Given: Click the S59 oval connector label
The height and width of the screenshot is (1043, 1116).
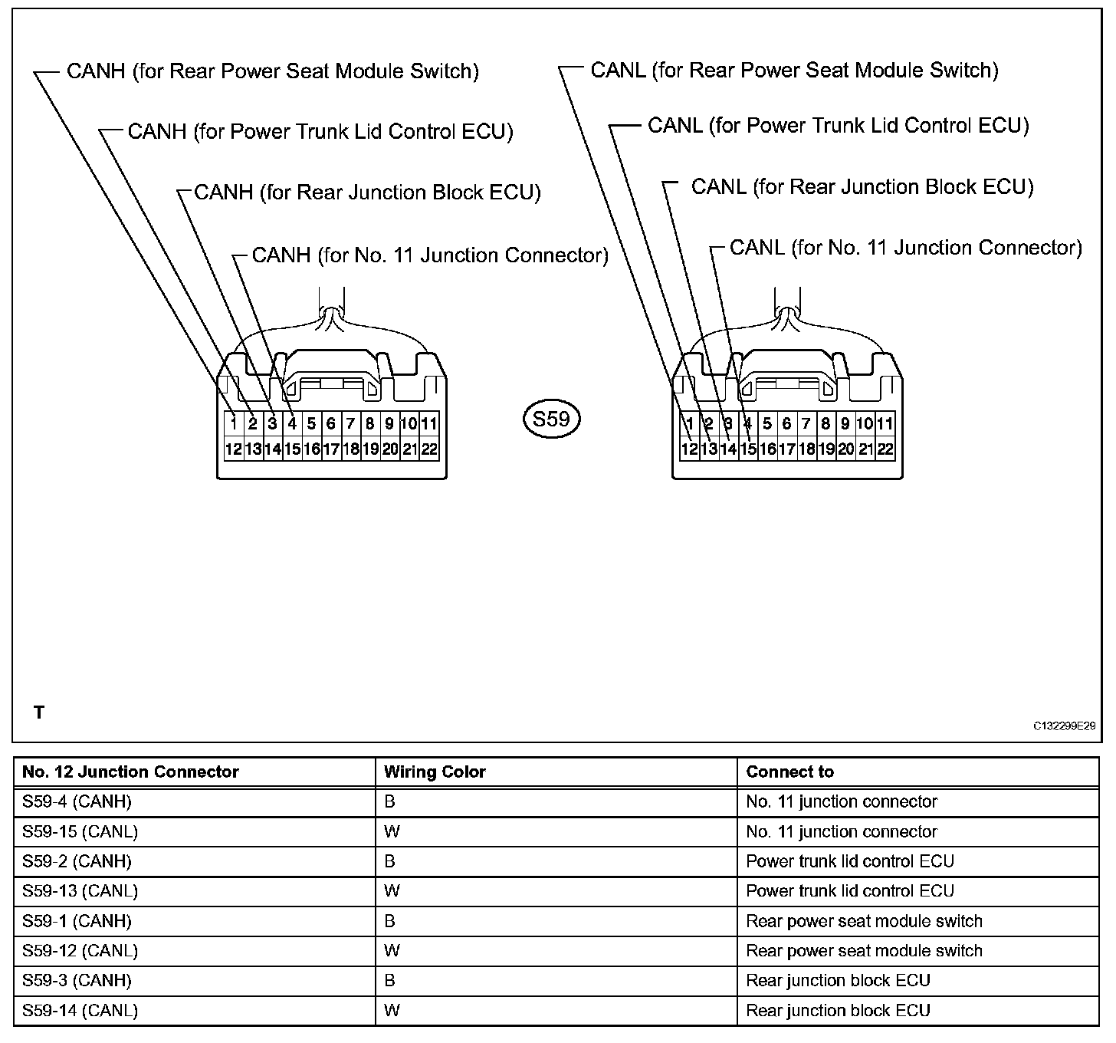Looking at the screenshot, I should tap(551, 419).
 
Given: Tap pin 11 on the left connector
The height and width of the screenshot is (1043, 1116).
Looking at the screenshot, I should tap(429, 423).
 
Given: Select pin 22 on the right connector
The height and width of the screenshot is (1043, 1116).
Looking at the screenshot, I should tap(885, 449).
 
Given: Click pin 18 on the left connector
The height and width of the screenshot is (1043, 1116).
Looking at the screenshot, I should tap(350, 449).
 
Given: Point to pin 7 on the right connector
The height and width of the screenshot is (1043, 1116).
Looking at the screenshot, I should tap(806, 423).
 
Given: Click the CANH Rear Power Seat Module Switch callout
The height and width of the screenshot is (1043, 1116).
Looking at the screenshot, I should tap(272, 71).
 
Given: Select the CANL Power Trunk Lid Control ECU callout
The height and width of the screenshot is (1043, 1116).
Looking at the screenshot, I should tap(838, 126).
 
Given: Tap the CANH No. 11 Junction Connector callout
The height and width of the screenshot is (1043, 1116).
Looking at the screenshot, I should tap(430, 255).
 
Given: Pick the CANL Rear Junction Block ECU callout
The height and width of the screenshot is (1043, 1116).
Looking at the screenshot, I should tap(862, 187).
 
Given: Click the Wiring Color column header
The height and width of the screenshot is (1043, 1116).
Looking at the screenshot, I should tap(435, 772).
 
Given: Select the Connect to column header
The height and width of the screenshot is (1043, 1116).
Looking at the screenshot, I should tap(789, 772).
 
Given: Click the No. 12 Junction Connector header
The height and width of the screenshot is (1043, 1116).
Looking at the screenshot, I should tap(130, 772).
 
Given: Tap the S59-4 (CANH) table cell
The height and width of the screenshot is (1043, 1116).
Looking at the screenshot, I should tap(77, 802).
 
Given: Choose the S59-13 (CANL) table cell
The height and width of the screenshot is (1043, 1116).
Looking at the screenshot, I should tap(80, 891).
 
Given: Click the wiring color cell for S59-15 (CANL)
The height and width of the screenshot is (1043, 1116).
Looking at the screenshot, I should tap(392, 832).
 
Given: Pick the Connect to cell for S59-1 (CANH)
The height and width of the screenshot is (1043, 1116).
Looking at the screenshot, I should tap(864, 921).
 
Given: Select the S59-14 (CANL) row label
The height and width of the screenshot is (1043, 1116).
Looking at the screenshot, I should tap(80, 1011).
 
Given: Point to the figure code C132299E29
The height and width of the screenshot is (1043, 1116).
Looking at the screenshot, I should tap(1064, 725).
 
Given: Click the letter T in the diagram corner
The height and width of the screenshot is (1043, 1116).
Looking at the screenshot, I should tap(39, 713).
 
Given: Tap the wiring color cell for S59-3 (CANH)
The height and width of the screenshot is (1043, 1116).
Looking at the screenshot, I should tap(390, 981).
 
